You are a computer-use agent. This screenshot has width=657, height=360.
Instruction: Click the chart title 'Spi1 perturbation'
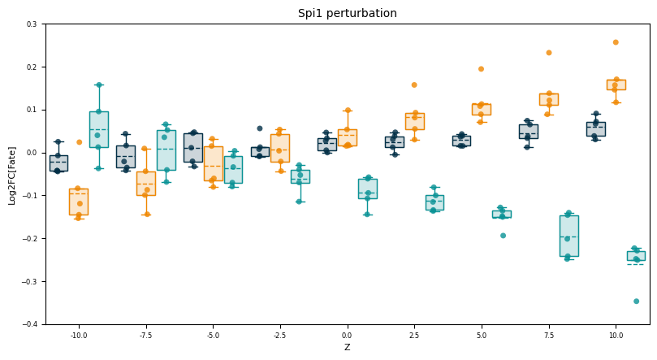(347, 13)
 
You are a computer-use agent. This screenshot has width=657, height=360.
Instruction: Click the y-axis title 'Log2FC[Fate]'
(11, 174)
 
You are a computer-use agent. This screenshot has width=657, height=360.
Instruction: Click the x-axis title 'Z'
(347, 348)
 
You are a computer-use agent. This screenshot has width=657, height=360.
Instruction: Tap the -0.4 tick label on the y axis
(31, 324)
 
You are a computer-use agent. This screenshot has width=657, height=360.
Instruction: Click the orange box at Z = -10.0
(79, 202)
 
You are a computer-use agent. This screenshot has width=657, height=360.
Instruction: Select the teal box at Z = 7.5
(568, 236)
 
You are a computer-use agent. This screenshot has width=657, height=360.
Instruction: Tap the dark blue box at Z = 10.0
(595, 128)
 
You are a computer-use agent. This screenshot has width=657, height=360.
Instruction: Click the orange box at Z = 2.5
(414, 121)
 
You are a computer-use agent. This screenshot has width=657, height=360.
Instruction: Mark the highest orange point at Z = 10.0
(616, 42)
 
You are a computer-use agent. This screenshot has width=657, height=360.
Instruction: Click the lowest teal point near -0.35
(636, 301)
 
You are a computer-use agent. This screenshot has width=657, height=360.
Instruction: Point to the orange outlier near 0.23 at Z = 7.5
(548, 53)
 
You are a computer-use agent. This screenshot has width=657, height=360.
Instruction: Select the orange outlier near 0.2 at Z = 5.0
(481, 69)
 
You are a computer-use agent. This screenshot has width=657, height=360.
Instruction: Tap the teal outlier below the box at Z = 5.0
(503, 236)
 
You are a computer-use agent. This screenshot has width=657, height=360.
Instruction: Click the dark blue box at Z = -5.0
(192, 147)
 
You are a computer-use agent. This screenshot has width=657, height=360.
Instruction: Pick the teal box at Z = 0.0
(367, 189)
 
